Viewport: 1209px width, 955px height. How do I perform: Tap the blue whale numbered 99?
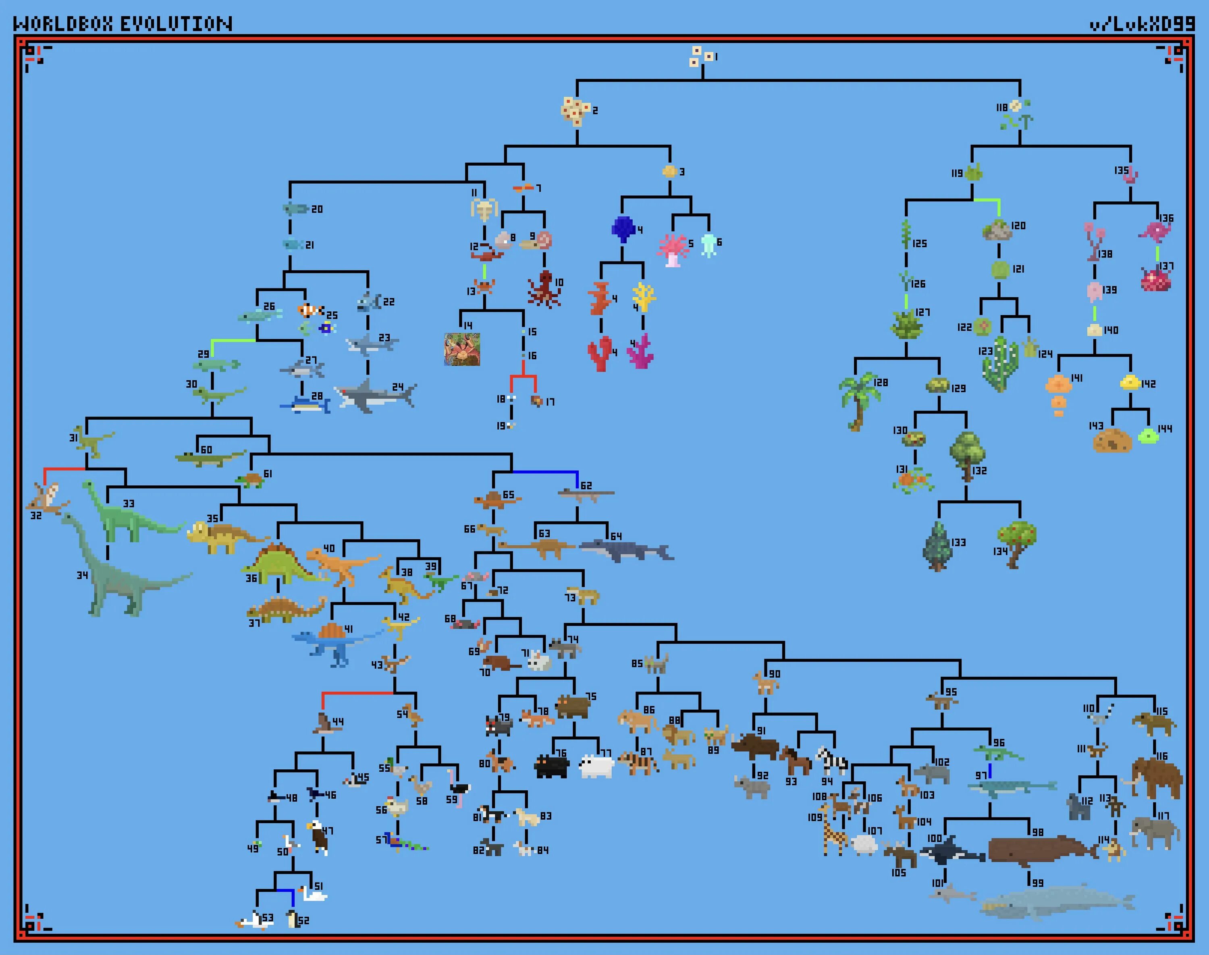1057,902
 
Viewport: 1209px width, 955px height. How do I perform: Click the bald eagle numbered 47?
317,837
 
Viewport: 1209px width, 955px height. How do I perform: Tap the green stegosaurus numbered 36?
278,563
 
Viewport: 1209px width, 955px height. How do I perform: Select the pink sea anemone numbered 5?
673,249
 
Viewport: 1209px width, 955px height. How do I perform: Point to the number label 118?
1001,108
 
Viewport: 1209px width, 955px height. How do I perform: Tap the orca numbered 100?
951,851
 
